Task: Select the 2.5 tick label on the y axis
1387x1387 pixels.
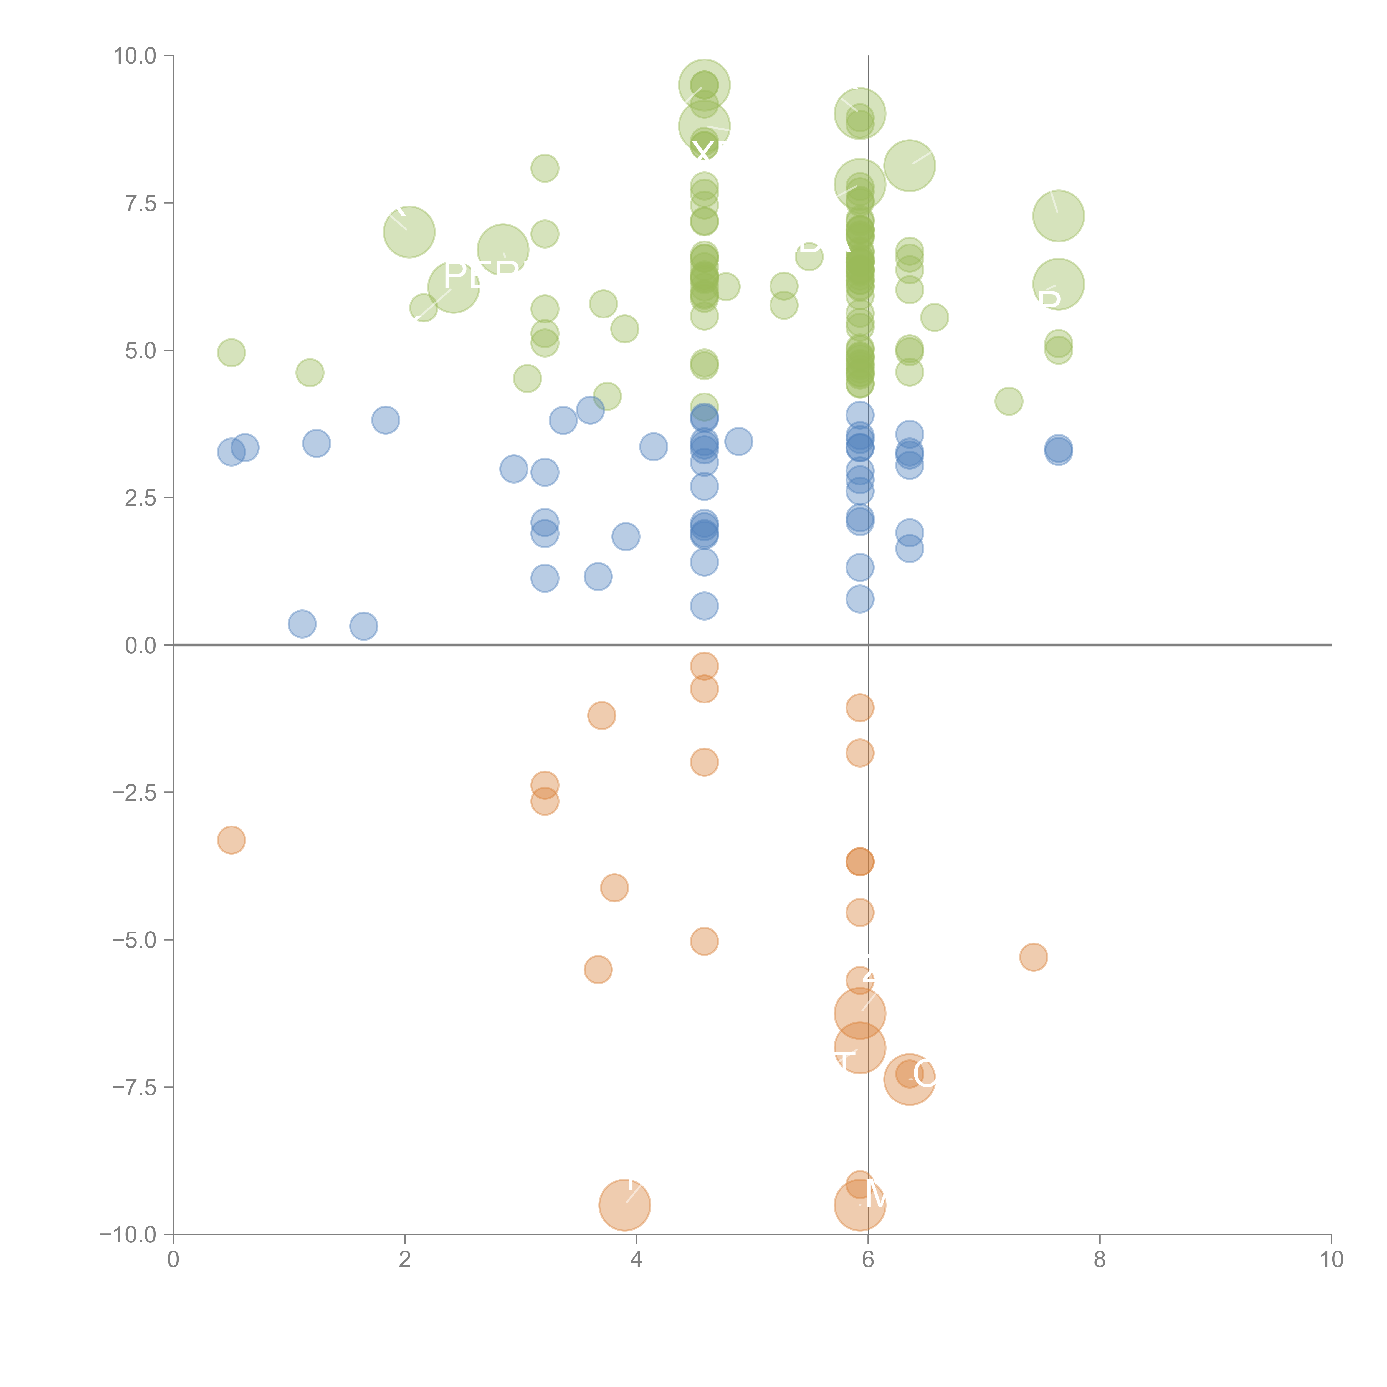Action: click(141, 497)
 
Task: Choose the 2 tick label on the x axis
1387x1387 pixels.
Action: click(405, 1260)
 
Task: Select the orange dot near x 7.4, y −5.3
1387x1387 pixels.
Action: click(1033, 957)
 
